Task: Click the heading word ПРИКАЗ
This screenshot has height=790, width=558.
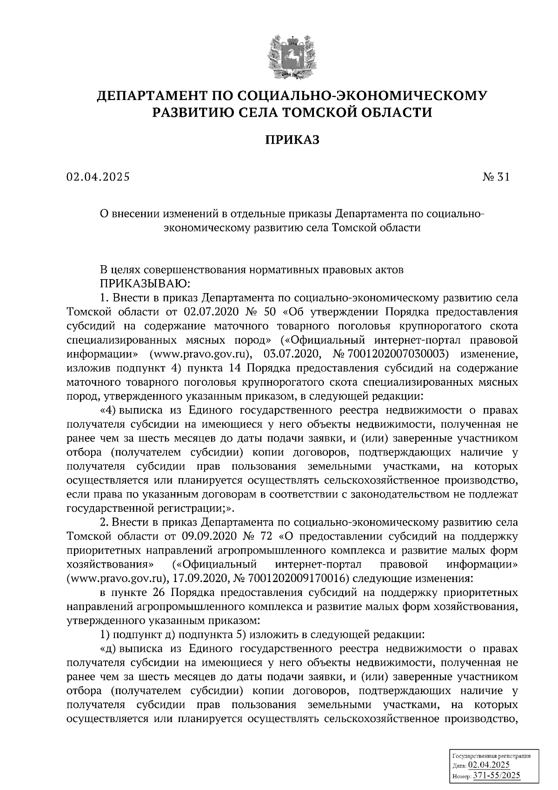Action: (x=292, y=140)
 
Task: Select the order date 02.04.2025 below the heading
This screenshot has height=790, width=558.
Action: (x=98, y=177)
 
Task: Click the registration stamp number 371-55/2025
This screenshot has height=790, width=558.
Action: (x=497, y=776)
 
